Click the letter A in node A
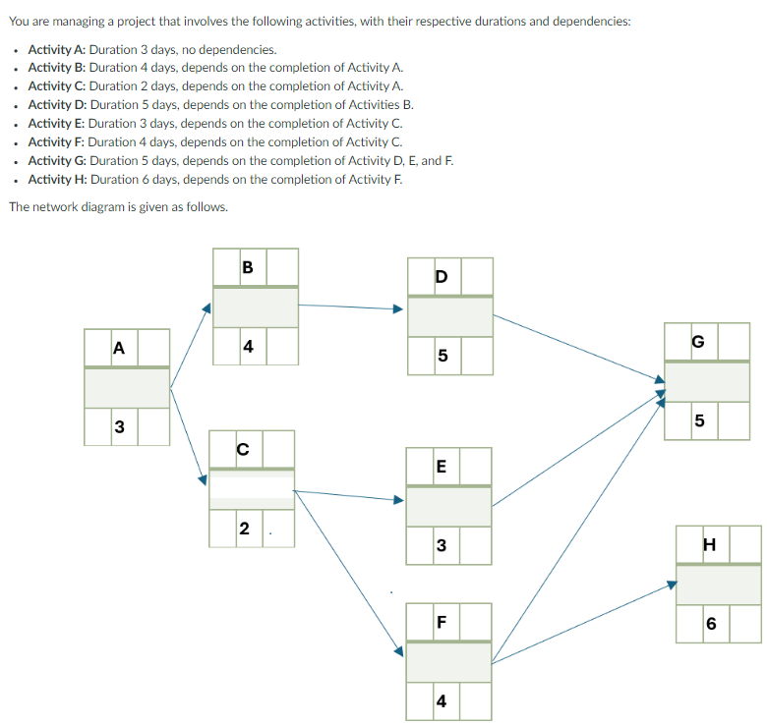(x=119, y=347)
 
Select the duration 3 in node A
(x=119, y=427)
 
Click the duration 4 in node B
(x=248, y=346)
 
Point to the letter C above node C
(x=242, y=450)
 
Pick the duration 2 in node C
(x=243, y=529)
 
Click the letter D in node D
(x=441, y=276)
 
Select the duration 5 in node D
(x=442, y=356)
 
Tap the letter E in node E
(x=441, y=466)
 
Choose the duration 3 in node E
(x=441, y=545)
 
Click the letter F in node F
(x=441, y=622)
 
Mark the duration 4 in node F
(x=441, y=701)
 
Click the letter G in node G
(x=698, y=342)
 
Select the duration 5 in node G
(x=699, y=421)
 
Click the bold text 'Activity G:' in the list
(x=57, y=160)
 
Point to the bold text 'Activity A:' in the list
(x=57, y=49)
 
